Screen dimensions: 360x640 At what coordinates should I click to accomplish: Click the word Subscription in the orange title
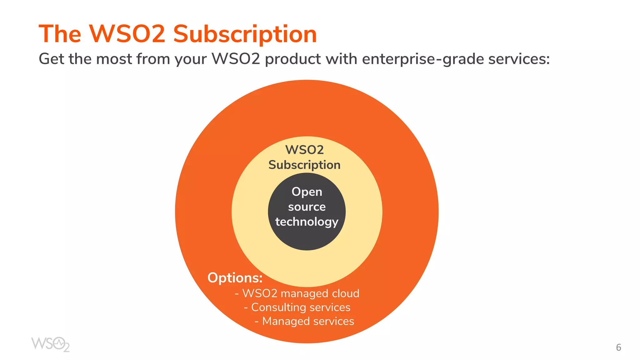[x=245, y=34]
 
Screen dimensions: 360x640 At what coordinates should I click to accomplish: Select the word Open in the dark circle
[x=307, y=192]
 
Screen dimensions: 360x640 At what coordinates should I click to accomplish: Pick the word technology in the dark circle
[x=307, y=222]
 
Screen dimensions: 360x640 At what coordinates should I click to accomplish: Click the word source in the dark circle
[x=307, y=207]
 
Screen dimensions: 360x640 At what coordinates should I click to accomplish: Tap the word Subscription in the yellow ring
[x=304, y=165]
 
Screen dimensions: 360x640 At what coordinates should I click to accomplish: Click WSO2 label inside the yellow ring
[x=304, y=150]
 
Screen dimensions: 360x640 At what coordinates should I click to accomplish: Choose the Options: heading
[x=235, y=278]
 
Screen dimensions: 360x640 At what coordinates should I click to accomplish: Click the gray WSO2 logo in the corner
[x=50, y=344]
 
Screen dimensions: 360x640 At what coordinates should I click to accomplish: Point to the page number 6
[x=618, y=347]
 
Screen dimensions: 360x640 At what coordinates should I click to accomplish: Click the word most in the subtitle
[x=114, y=59]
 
